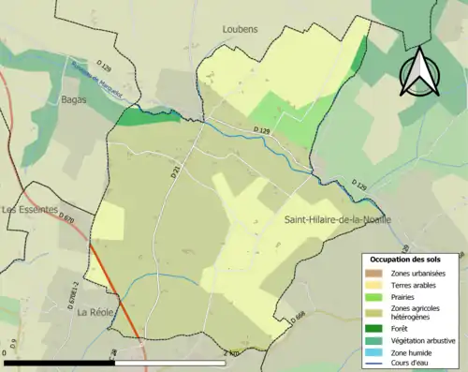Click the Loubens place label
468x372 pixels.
pyautogui.click(x=240, y=29)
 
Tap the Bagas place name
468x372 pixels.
pyautogui.click(x=73, y=99)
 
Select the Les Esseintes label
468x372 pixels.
pyautogui.click(x=30, y=210)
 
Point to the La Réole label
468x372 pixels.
pyautogui.click(x=95, y=312)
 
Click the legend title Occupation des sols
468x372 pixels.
pyautogui.click(x=408, y=259)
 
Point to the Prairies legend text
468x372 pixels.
pyautogui.click(x=408, y=296)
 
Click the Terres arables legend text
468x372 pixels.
pyautogui.click(x=416, y=284)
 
